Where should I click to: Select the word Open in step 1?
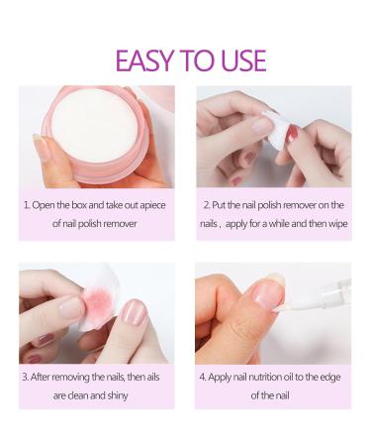click(46, 205)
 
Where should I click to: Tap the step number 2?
click(205, 205)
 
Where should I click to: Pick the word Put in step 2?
click(223, 205)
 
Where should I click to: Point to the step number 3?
click(26, 376)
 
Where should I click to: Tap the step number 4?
click(204, 376)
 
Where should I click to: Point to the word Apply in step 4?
click(224, 376)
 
